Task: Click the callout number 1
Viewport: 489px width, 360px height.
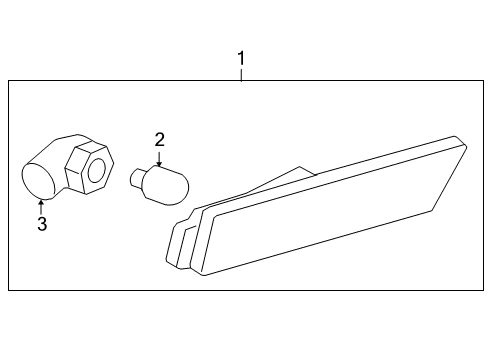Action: coord(240,61)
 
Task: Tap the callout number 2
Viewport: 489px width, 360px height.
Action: coord(158,140)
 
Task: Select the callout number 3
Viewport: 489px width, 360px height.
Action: coord(42,224)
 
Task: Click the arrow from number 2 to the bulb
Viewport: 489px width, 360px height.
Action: coord(158,158)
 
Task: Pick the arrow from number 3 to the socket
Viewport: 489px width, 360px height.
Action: coord(41,206)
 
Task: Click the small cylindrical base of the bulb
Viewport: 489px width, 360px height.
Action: coord(139,179)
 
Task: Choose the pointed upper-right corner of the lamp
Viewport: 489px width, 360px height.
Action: coord(463,144)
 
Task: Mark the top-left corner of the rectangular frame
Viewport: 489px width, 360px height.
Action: coord(9,81)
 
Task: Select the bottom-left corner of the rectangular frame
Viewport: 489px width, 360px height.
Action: coord(9,291)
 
